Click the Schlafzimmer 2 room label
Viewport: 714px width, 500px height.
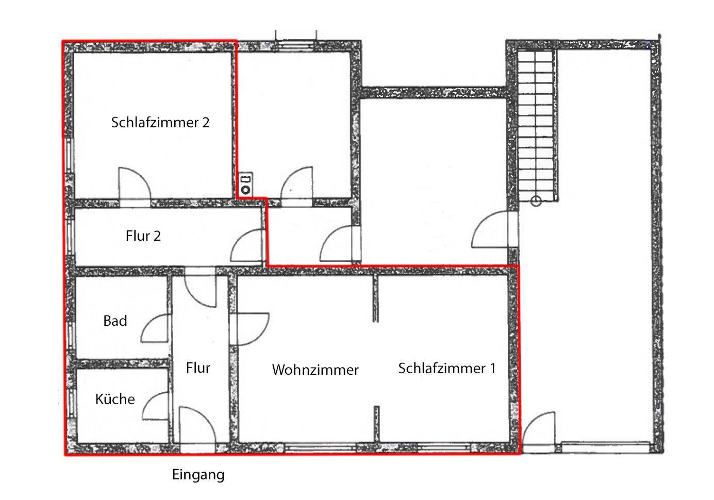(x=160, y=123)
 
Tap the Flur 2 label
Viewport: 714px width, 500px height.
(x=143, y=236)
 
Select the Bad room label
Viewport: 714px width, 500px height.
(x=115, y=321)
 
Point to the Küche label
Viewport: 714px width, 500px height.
(x=115, y=399)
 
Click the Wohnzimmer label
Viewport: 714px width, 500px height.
(x=315, y=370)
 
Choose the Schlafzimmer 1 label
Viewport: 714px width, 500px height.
(x=446, y=369)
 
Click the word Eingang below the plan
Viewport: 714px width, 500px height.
(x=198, y=475)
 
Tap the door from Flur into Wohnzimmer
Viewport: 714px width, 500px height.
(x=252, y=328)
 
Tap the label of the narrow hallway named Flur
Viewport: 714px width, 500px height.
(x=198, y=368)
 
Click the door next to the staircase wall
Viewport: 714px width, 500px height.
(x=491, y=231)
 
